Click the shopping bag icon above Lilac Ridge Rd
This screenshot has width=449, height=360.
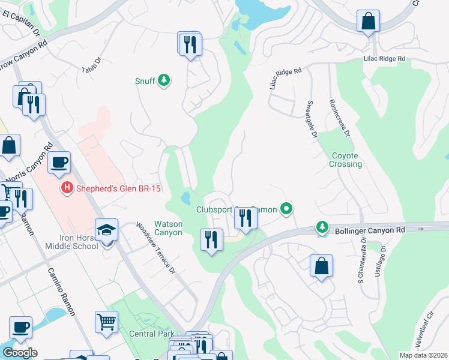367,22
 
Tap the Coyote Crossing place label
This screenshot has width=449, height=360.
346,160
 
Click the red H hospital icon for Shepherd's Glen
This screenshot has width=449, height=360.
67,188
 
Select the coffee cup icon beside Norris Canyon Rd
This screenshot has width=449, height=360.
59,163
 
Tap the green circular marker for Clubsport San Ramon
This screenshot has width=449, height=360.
287,209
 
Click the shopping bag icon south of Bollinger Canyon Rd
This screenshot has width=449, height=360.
321,266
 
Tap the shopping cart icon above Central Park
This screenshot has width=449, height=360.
106,321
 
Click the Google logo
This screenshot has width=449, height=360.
20,353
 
